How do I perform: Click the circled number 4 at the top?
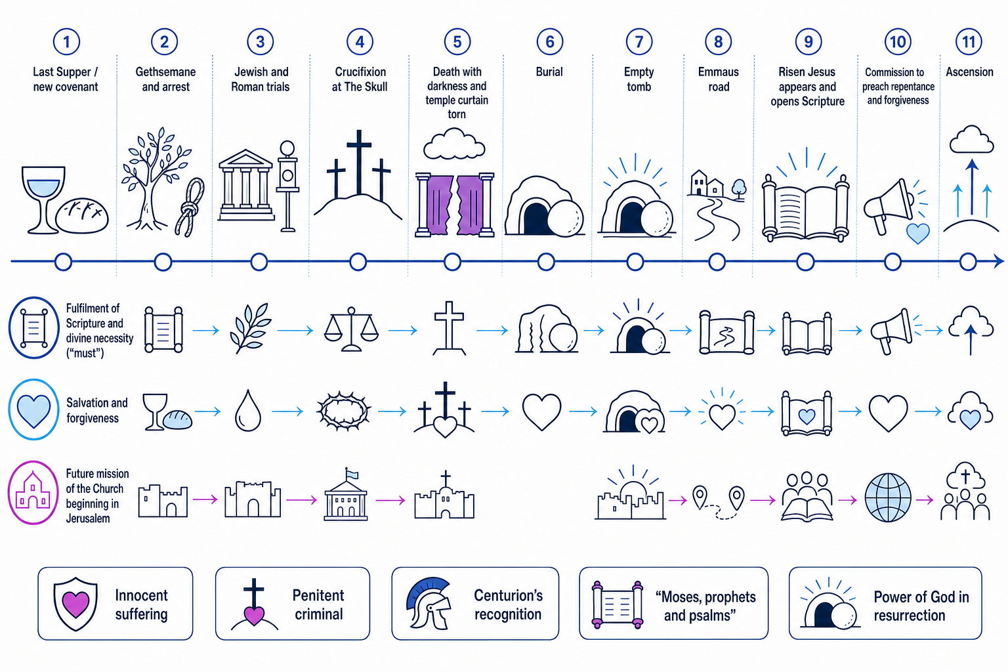360,42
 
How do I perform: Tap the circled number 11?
969,42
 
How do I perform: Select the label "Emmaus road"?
719,79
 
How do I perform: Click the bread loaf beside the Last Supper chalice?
82,215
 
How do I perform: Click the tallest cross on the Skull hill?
359,162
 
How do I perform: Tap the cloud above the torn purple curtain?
454,144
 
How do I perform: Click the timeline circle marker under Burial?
546,261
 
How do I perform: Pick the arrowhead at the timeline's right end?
999,261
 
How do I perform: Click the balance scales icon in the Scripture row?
351,329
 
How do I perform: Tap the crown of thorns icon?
344,411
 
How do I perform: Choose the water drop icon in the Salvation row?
248,410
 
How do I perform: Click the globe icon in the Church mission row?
888,497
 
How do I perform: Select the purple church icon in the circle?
33,491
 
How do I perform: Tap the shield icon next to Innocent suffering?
75,604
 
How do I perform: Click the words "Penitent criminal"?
318,604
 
